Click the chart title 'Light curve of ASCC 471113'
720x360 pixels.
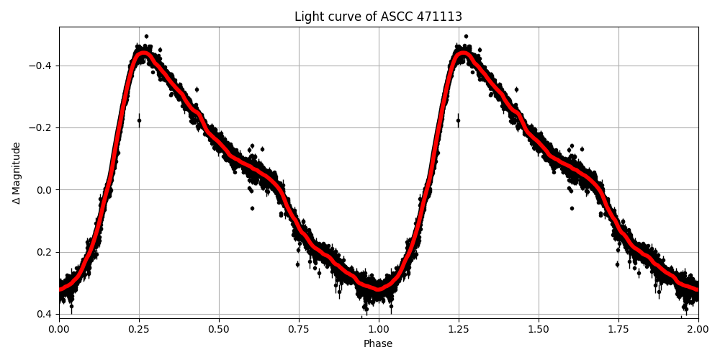378,17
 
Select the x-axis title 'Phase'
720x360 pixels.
378,344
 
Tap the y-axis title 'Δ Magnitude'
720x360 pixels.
17,173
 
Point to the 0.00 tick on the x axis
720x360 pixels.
59,329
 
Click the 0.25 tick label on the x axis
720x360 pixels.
139,329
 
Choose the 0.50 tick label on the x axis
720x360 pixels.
219,329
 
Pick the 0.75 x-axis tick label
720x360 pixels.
299,329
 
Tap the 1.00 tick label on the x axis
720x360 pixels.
379,329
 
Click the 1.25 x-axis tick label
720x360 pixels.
459,329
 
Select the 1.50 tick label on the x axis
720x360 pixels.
539,329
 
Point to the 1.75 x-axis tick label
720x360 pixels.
618,329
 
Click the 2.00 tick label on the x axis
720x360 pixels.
698,329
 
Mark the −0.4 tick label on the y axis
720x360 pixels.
42,66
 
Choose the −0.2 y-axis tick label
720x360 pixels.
42,127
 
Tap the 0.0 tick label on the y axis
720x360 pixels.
45,190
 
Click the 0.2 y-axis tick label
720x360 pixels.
45,252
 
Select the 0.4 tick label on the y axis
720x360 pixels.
45,314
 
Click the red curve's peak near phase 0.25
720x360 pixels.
143,53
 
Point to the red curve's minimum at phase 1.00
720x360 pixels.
379,289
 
